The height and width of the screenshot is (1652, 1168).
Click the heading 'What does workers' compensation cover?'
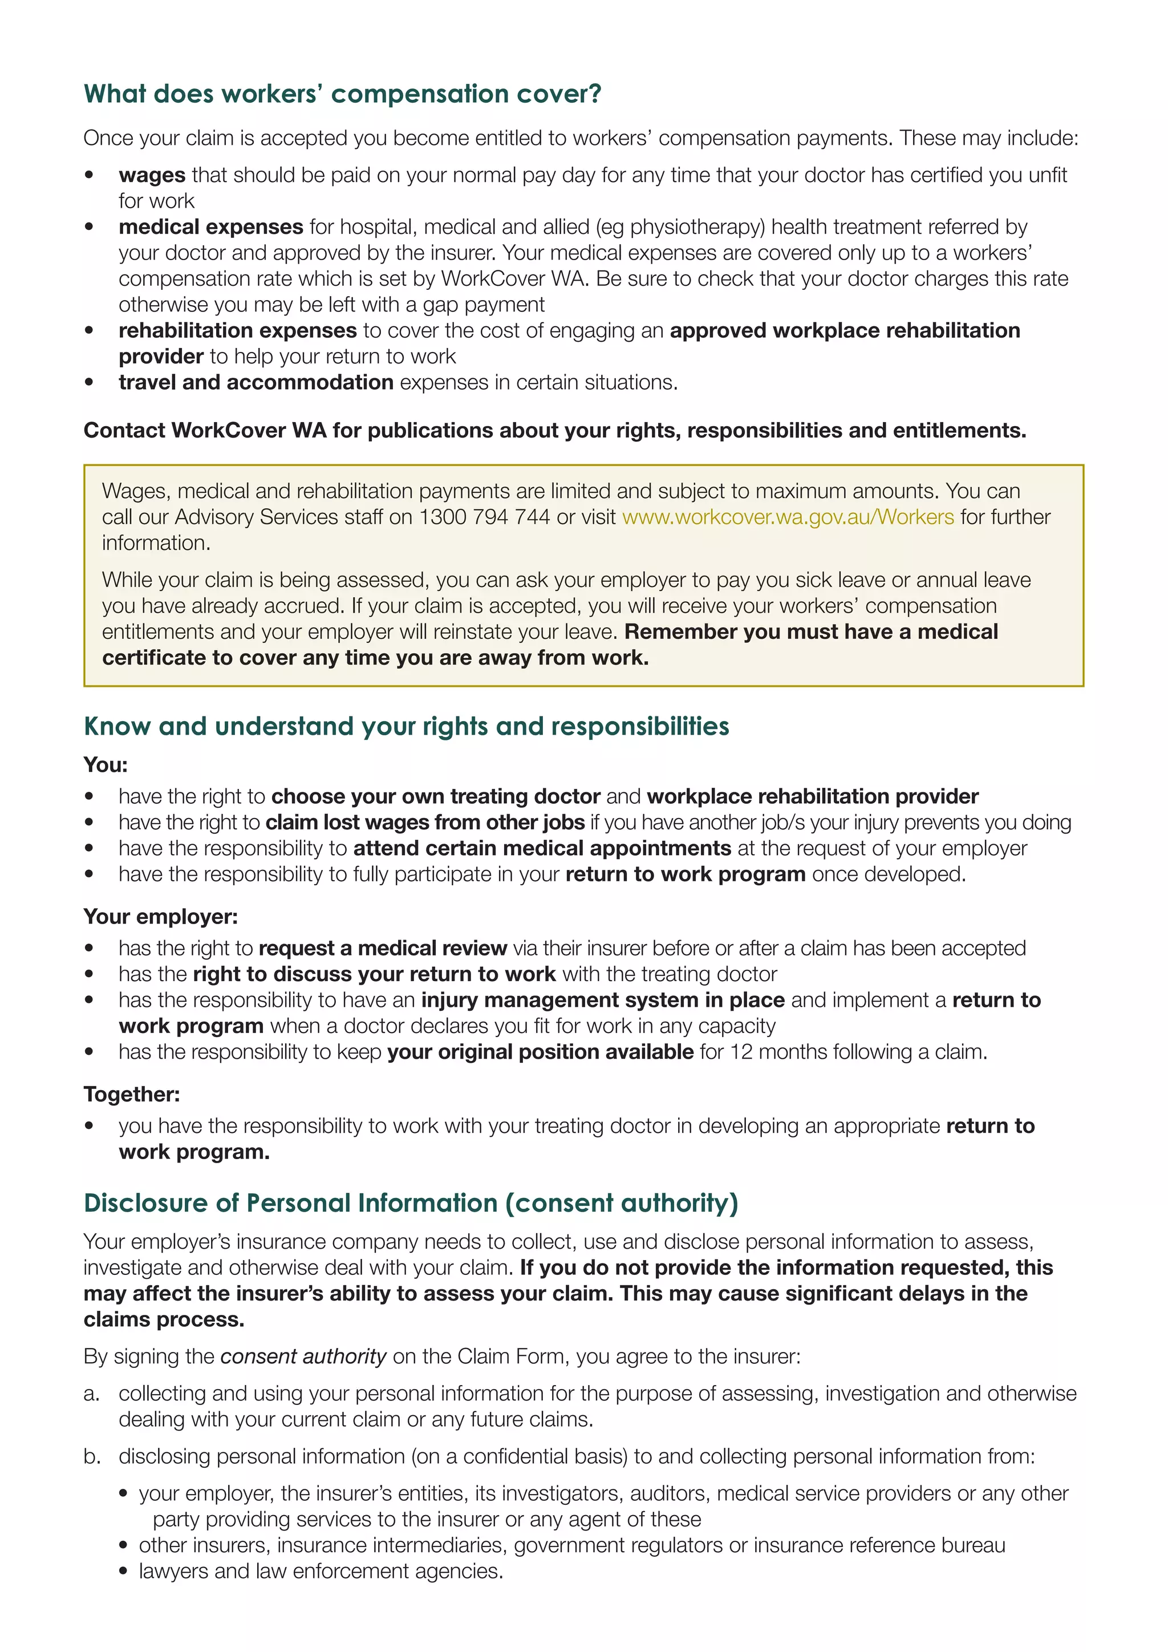342,94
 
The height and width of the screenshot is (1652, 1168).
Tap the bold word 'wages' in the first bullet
152,175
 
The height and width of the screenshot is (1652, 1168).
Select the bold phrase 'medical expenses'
210,226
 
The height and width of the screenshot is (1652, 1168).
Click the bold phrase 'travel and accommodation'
256,382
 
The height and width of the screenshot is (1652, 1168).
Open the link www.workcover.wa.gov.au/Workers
788,517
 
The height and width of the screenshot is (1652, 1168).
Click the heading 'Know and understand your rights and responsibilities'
407,726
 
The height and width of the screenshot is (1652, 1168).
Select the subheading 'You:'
105,764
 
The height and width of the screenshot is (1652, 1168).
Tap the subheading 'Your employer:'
160,916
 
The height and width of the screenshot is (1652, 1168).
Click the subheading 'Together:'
132,1094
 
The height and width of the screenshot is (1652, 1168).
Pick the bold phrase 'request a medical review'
383,948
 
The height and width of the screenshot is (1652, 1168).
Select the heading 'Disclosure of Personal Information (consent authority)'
411,1203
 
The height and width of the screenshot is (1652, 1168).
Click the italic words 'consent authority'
303,1357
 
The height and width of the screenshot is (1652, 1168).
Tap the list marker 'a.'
91,1394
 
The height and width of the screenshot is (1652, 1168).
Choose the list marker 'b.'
91,1456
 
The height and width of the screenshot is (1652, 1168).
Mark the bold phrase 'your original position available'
540,1051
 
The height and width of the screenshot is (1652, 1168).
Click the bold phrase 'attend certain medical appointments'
542,848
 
